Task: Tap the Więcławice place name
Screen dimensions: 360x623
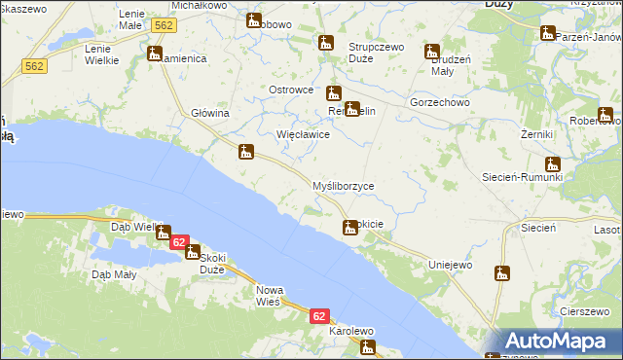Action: click(x=304, y=135)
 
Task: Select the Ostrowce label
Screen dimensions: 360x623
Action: click(x=290, y=90)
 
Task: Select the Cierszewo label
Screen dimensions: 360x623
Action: click(x=585, y=311)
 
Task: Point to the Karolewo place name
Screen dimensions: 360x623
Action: click(x=351, y=331)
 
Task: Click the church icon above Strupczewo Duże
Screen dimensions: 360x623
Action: click(x=326, y=43)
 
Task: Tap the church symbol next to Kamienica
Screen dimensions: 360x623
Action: click(x=155, y=54)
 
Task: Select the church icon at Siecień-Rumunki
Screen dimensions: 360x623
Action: click(x=553, y=164)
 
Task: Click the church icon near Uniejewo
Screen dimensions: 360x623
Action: click(x=502, y=274)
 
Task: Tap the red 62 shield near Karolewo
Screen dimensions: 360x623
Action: click(x=320, y=317)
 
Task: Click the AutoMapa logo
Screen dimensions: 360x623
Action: click(x=556, y=341)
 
